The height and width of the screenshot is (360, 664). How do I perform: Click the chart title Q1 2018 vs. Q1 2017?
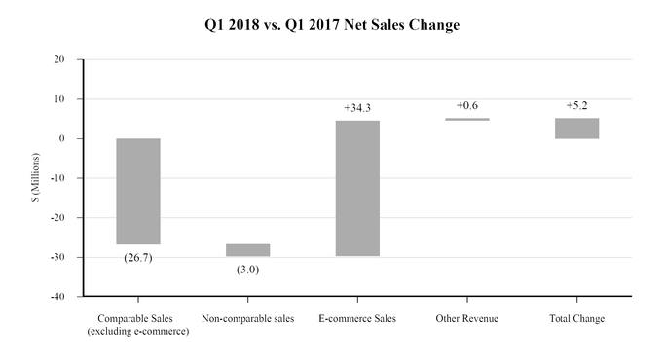point(331,25)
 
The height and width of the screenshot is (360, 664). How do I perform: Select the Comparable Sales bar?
point(138,191)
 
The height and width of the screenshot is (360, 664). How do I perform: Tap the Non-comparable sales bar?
point(247,250)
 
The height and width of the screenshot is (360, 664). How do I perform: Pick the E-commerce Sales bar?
point(357,188)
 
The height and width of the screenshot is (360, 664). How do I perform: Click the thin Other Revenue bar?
point(467,120)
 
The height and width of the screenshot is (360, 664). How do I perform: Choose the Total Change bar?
point(576,128)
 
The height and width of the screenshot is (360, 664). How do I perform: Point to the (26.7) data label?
point(138,257)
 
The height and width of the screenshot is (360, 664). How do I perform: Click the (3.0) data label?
point(247,269)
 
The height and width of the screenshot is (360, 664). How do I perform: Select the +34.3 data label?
point(357,107)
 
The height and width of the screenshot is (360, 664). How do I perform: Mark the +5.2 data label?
point(576,105)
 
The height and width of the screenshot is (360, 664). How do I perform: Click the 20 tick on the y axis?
point(59,59)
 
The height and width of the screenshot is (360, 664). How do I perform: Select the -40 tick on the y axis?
point(57,296)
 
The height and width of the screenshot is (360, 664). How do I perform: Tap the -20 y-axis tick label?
point(57,217)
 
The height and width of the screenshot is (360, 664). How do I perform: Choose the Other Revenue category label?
point(467,319)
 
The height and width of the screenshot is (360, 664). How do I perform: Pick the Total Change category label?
point(576,319)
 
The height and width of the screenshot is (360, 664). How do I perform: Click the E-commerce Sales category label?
point(357,319)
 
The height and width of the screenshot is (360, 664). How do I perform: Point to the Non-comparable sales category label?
point(247,319)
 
